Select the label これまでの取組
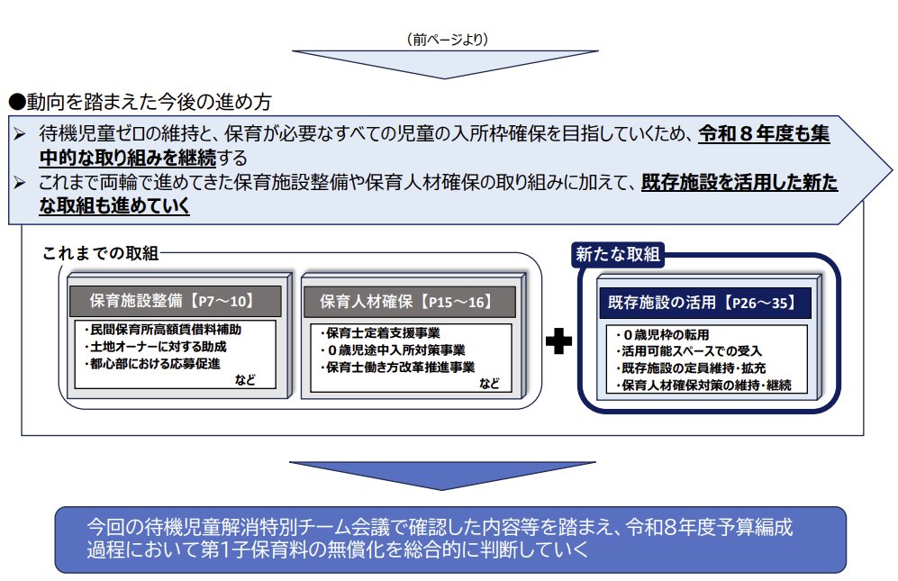(100, 253)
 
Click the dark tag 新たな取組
(617, 254)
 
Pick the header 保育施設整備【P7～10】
(175, 301)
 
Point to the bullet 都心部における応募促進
(154, 363)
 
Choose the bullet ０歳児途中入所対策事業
(392, 350)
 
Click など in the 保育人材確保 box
(489, 383)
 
